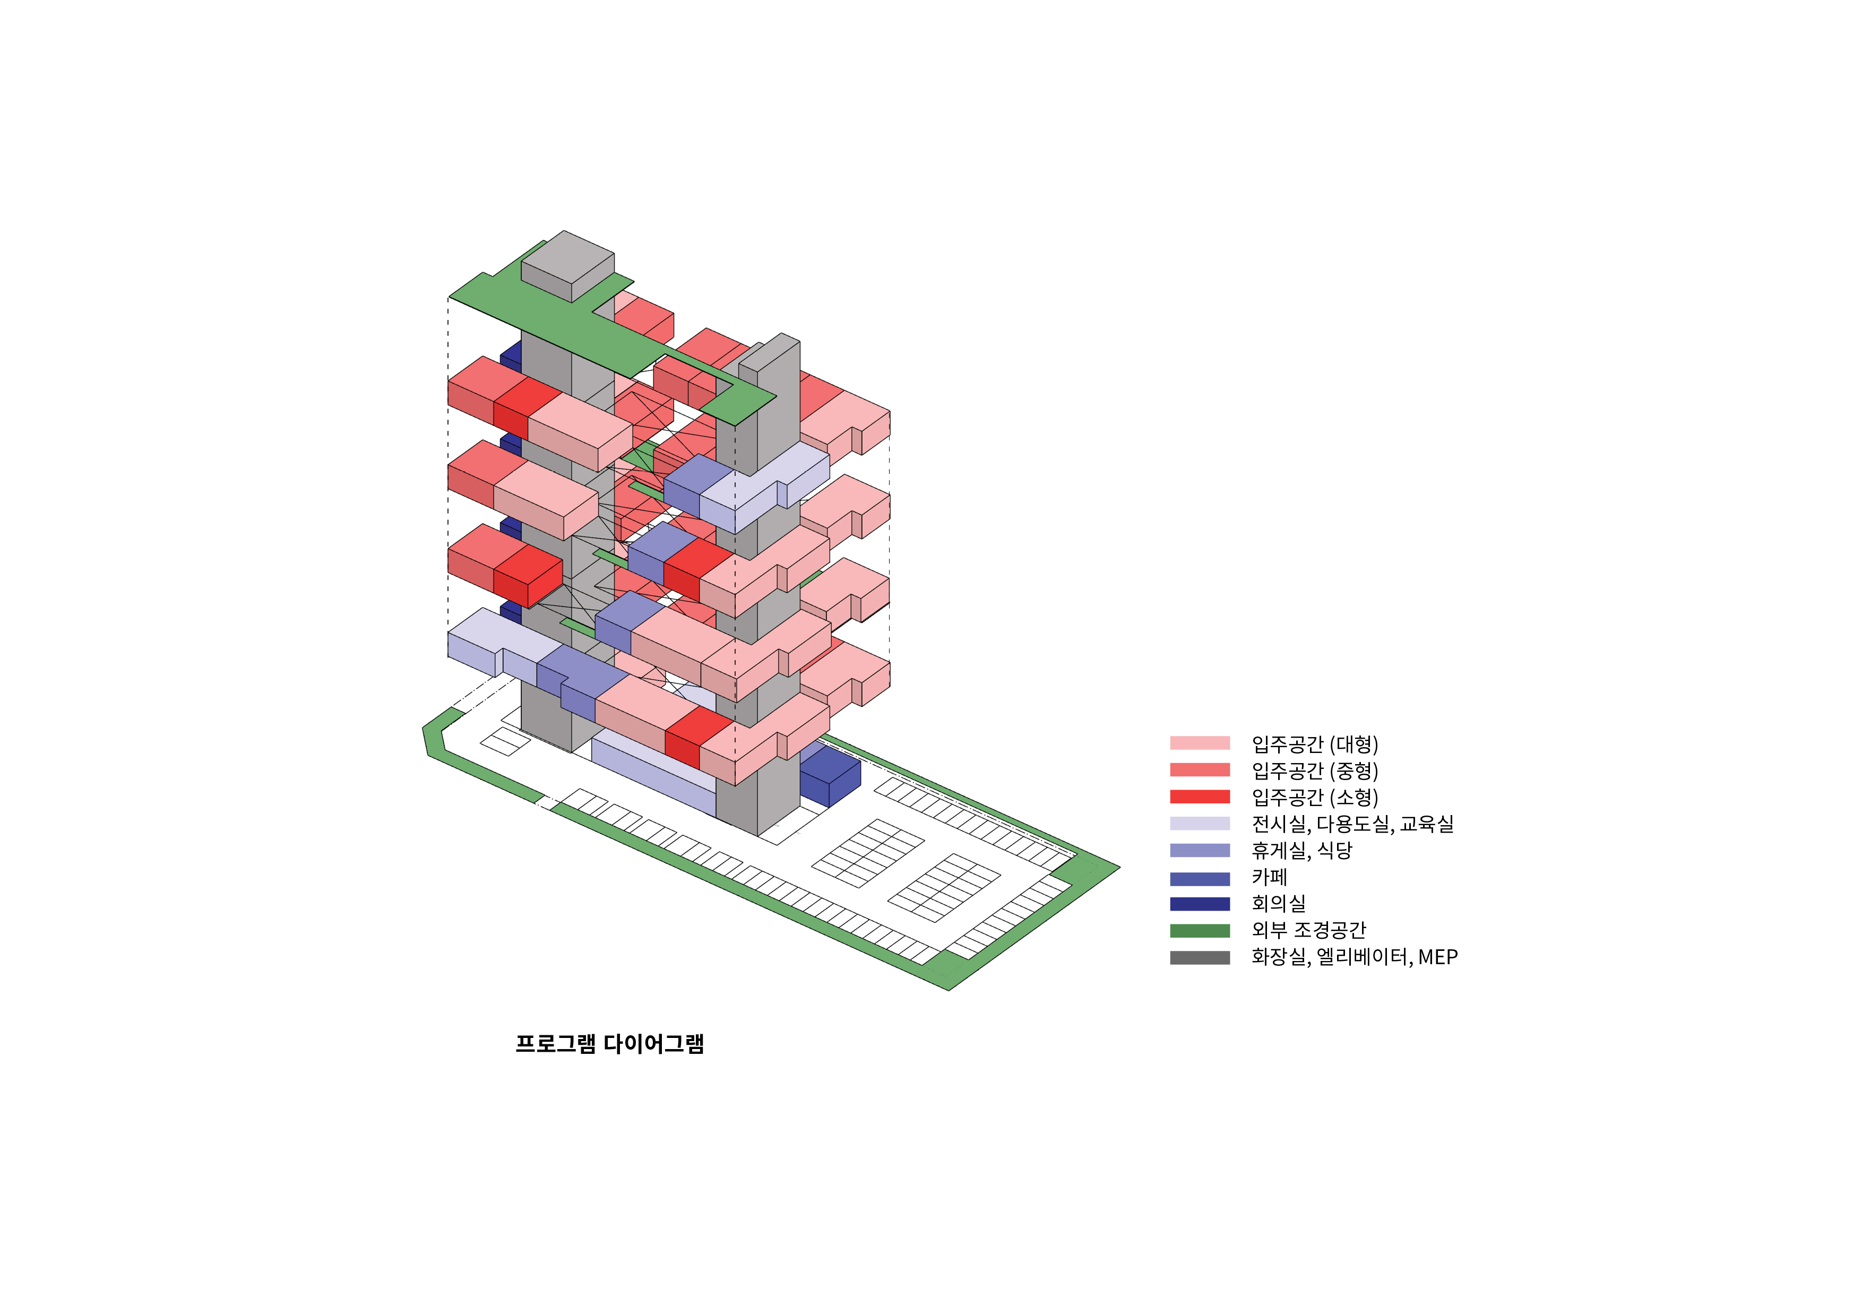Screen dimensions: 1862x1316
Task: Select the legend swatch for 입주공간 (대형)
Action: point(1200,743)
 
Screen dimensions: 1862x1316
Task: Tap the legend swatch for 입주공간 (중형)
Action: point(1200,769)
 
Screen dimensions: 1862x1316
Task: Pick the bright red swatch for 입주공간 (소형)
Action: point(1200,796)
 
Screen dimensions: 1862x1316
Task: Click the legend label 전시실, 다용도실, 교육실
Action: point(1352,824)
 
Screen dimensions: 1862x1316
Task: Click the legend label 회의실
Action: point(1279,903)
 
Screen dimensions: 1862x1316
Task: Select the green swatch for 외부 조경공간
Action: point(1200,931)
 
